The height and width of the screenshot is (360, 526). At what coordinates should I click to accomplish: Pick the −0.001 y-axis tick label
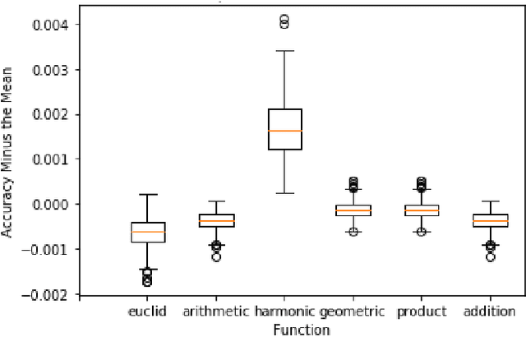pyautogui.click(x=49, y=249)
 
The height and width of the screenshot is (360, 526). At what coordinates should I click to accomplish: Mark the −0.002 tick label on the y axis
pyautogui.click(x=49, y=294)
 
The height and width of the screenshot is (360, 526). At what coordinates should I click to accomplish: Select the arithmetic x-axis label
pyautogui.click(x=216, y=312)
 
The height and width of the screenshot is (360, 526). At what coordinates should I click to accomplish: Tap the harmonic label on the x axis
pyautogui.click(x=285, y=312)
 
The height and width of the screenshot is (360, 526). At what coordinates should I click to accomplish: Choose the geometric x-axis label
pyautogui.click(x=352, y=312)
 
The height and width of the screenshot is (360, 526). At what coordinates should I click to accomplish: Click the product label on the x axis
pyautogui.click(x=422, y=312)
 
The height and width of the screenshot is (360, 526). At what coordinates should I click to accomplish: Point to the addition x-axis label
pyautogui.click(x=489, y=312)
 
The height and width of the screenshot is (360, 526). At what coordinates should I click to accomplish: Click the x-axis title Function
pyautogui.click(x=301, y=330)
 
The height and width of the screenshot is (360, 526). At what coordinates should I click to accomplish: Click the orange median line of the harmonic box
pyautogui.click(x=284, y=131)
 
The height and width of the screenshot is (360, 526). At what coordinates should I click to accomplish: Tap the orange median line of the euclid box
pyautogui.click(x=149, y=232)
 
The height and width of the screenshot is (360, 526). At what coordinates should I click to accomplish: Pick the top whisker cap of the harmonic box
pyautogui.click(x=284, y=51)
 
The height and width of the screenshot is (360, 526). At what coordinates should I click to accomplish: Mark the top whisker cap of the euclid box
pyautogui.click(x=149, y=195)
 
